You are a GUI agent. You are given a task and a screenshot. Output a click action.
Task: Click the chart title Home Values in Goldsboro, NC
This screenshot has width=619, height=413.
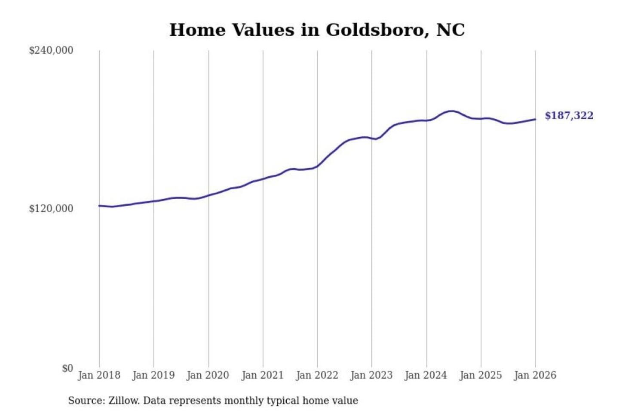pos(317,30)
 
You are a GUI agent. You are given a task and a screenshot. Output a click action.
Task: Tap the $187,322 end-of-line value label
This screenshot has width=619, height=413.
pos(569,116)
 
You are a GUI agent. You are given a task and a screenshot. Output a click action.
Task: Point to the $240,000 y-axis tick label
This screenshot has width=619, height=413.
pos(51,50)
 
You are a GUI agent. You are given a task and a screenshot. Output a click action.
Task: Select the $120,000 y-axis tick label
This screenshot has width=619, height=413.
pos(51,209)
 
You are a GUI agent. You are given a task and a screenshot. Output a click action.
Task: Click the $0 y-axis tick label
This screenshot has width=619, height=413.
pos(67,368)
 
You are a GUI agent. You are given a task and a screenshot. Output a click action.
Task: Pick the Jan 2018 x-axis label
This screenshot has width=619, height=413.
pos(99,375)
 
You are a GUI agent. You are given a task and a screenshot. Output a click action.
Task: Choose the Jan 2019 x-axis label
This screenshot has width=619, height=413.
pos(153,375)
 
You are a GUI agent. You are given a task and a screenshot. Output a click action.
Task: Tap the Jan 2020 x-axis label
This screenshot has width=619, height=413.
pos(208,375)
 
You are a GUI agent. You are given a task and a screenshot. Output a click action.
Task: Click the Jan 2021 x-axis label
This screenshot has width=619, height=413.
pos(263,375)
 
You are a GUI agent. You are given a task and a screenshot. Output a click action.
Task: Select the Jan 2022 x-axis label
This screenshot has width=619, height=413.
pos(317,375)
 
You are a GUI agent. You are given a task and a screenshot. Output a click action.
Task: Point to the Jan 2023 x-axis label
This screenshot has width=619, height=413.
pos(371,375)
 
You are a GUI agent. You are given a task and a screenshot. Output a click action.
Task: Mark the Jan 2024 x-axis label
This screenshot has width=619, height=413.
pos(426,375)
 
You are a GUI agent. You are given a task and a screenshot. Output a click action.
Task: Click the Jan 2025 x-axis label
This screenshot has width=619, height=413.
pos(481,375)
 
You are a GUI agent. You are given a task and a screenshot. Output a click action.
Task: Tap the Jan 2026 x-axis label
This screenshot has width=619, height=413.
pos(535,375)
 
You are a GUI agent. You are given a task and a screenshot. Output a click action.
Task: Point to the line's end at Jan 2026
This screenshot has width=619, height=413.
pos(535,119)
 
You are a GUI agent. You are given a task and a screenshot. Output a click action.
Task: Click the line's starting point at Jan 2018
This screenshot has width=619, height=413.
pos(99,206)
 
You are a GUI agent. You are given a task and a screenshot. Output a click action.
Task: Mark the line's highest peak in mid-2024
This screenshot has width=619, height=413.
pos(451,111)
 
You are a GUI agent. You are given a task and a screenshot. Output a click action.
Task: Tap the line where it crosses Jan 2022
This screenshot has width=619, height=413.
pos(318,166)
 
